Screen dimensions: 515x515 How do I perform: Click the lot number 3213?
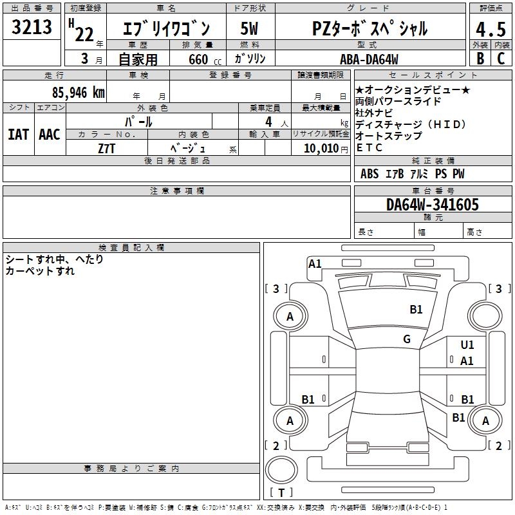click(x=32, y=27)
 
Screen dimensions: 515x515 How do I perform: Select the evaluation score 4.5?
click(x=490, y=30)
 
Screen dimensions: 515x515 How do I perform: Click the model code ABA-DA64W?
click(x=369, y=59)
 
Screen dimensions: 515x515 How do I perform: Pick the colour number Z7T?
click(x=107, y=148)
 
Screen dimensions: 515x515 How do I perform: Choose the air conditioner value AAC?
click(x=49, y=135)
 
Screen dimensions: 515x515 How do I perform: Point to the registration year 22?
click(x=84, y=35)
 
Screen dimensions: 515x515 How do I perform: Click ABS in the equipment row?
click(x=370, y=174)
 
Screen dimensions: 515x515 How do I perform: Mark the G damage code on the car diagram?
click(x=406, y=339)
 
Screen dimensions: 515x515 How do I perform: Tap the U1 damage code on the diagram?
click(x=467, y=345)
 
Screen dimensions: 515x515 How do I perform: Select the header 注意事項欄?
click(x=176, y=191)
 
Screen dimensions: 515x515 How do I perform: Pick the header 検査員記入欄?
click(x=131, y=248)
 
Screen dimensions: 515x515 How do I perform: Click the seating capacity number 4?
click(x=267, y=122)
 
